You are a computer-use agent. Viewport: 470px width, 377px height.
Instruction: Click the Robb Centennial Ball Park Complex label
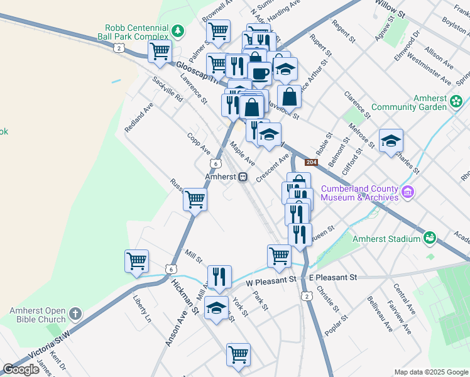tap(136, 33)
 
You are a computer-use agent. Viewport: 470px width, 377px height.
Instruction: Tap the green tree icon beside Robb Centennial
tap(179, 30)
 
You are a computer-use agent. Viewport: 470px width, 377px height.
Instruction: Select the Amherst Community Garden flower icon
tap(456, 101)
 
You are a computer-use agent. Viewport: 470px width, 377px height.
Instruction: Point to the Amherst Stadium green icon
tap(430, 238)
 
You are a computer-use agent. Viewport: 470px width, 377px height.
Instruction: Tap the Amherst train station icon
tap(242, 177)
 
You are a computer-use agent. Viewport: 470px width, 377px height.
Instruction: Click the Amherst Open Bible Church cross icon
tap(75, 312)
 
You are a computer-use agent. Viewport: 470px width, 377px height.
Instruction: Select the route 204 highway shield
tap(310, 163)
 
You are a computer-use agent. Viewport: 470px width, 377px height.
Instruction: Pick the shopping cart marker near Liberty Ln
tap(136, 260)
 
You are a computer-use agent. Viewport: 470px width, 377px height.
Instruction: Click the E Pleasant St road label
tap(333, 277)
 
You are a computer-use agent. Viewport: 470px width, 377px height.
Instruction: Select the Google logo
tap(21, 369)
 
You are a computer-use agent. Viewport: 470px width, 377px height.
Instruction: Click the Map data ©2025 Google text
tap(431, 372)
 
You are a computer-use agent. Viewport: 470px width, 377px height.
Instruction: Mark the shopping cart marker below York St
tap(238, 354)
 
